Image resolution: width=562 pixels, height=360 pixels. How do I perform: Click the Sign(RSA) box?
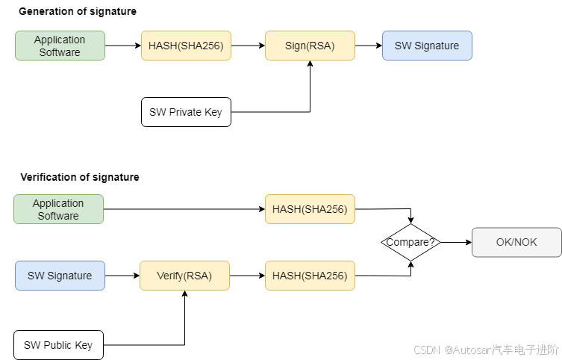[x=310, y=46]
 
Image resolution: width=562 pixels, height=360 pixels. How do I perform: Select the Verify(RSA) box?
[x=184, y=276]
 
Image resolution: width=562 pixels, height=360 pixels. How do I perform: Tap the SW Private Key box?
[x=186, y=112]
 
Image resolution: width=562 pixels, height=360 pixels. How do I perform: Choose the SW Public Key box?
[x=58, y=345]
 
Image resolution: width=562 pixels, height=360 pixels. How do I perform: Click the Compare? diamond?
[x=410, y=242]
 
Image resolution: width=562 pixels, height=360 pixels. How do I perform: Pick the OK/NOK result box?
[x=516, y=242]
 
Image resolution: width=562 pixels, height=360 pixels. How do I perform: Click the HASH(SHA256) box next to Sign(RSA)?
[x=186, y=46]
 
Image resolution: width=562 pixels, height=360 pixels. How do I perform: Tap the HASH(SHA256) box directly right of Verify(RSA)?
[x=310, y=276]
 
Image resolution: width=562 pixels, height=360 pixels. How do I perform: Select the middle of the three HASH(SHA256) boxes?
[x=310, y=209]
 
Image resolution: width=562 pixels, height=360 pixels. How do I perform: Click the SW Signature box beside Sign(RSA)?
[x=427, y=46]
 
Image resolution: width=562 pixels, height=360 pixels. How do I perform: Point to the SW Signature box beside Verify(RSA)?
[x=60, y=276]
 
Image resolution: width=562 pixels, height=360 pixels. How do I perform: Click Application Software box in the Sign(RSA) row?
[x=60, y=46]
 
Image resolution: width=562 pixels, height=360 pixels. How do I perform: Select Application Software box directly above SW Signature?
[x=58, y=209]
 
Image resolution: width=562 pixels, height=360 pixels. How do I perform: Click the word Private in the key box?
[x=184, y=112]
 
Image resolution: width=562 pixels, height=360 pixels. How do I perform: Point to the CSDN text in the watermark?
[x=425, y=349]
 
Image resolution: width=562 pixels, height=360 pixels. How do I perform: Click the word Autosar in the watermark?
[x=471, y=349]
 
